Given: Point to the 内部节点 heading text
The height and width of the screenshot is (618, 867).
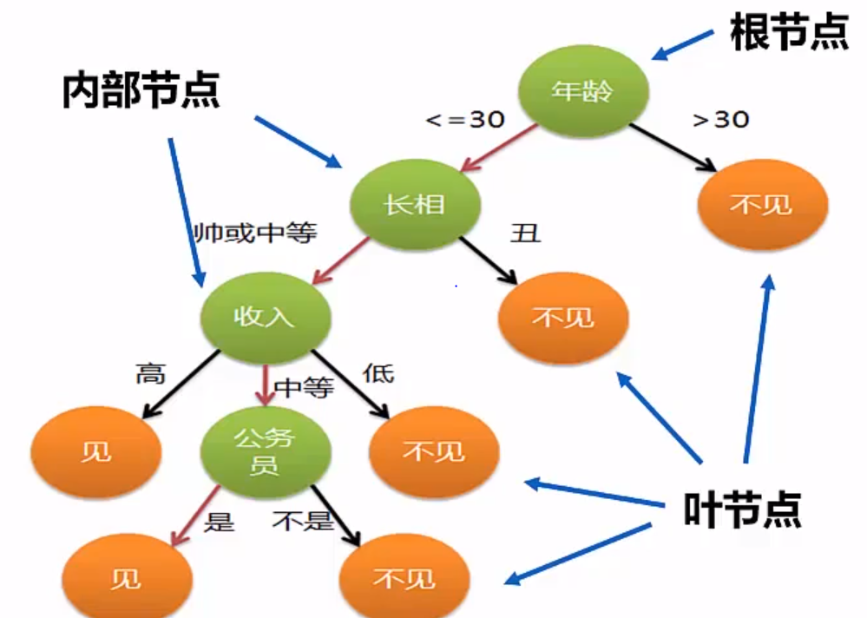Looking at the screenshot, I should pyautogui.click(x=141, y=89).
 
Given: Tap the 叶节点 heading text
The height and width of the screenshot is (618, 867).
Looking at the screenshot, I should pyautogui.click(x=742, y=510).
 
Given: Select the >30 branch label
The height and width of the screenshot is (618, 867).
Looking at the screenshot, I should pyautogui.click(x=720, y=120).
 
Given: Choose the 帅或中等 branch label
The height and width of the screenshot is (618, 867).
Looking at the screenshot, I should pyautogui.click(x=256, y=233).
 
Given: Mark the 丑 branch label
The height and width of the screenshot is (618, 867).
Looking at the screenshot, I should pyautogui.click(x=526, y=233).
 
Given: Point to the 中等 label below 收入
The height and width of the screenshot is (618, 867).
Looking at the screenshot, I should pyautogui.click(x=304, y=388).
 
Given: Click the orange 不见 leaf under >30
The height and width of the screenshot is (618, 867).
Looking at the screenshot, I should pyautogui.click(x=763, y=204).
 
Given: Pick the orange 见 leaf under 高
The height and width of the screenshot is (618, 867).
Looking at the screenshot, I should pyautogui.click(x=95, y=451).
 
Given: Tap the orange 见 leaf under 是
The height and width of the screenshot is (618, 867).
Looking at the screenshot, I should pyautogui.click(x=126, y=578).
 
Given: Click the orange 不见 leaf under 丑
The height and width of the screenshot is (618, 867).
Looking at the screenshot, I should pyautogui.click(x=563, y=317).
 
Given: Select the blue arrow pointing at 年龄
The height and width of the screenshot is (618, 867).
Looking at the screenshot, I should pyautogui.click(x=683, y=45).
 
